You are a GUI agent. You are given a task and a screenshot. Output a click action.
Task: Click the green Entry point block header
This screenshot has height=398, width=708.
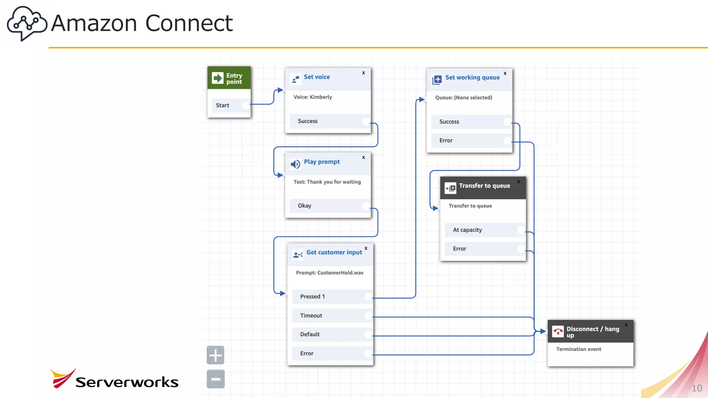tap(229, 78)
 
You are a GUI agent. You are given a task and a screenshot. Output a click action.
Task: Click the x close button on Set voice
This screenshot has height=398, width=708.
tap(363, 73)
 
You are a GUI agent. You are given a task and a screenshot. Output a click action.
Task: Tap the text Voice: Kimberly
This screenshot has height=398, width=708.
tap(313, 97)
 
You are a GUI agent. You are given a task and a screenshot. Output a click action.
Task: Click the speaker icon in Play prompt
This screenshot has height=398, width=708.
tap(295, 164)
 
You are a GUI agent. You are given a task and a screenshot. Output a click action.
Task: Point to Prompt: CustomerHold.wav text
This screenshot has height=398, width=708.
tap(329, 273)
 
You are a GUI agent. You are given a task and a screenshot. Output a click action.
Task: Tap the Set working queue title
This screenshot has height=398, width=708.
tap(472, 77)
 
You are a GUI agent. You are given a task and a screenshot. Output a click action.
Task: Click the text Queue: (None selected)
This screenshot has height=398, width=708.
tap(463, 98)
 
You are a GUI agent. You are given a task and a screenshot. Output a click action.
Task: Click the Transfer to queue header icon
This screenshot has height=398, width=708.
tap(450, 188)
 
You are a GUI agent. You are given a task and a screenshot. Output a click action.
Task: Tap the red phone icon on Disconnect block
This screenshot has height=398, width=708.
tap(558, 332)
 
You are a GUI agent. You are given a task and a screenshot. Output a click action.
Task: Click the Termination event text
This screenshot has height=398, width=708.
tap(578, 349)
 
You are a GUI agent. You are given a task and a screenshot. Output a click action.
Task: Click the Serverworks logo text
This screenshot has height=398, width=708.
tap(127, 382)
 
